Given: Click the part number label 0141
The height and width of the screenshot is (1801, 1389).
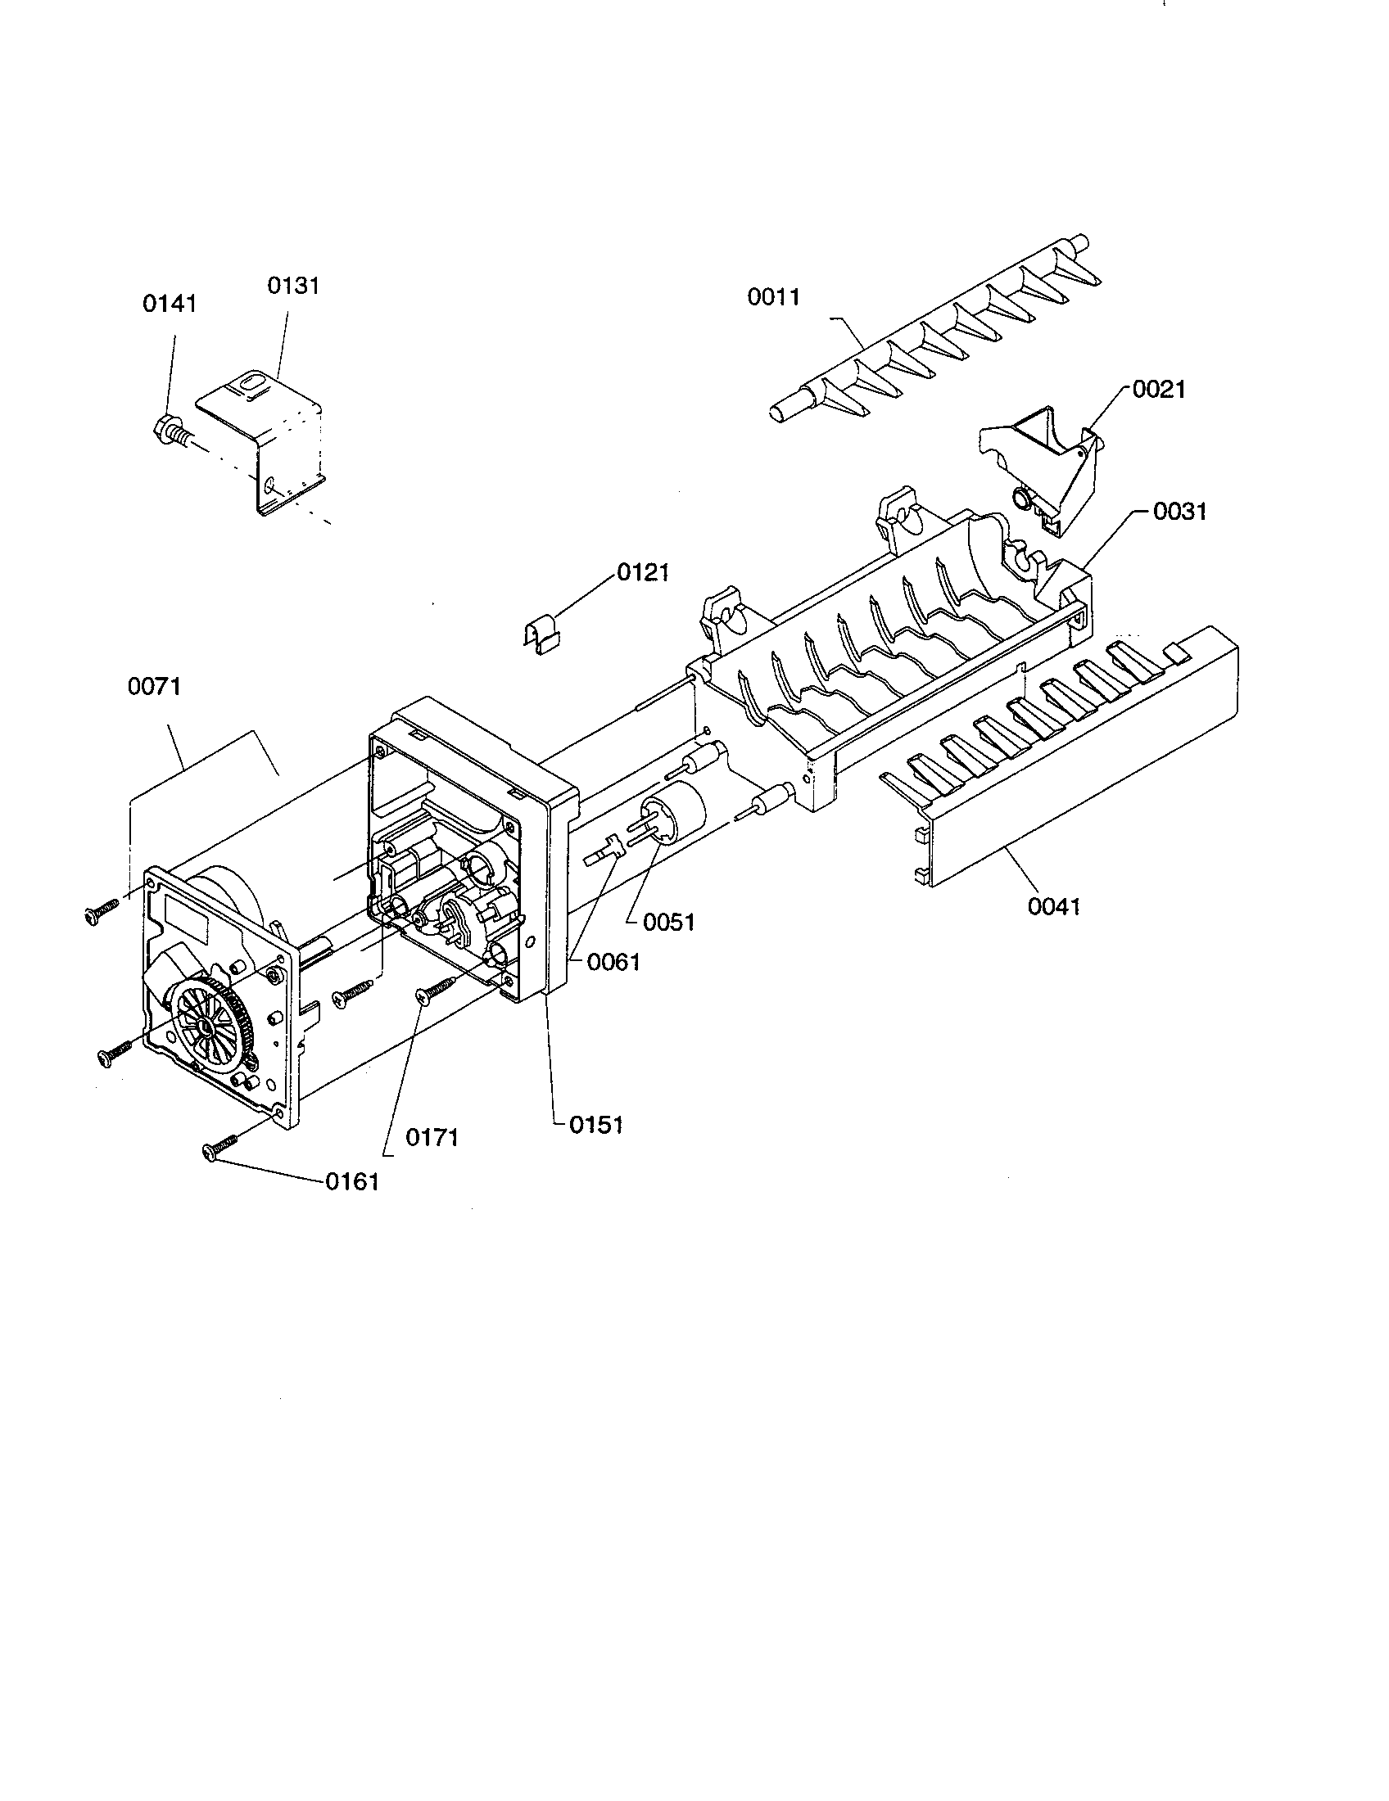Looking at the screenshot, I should (170, 304).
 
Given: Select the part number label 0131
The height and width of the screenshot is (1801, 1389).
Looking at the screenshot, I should (293, 286).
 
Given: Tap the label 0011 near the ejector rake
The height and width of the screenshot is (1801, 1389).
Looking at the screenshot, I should (774, 297).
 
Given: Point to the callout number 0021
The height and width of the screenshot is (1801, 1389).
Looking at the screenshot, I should (1159, 389).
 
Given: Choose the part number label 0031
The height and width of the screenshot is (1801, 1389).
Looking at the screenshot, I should (1179, 512).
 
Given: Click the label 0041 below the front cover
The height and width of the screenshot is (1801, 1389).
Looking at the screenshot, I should (1054, 907).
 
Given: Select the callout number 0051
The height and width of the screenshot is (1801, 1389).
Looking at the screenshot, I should (669, 922).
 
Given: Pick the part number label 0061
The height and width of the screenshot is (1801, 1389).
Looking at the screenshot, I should (613, 962).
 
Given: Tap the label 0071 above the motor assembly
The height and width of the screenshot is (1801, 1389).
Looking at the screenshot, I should (154, 686).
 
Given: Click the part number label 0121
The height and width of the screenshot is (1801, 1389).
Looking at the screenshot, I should (644, 572).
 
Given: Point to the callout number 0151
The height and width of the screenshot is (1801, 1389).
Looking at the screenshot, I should (595, 1125).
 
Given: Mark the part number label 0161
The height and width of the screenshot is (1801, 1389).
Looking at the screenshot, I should (352, 1181).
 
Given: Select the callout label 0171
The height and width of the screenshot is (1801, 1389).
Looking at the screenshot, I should (432, 1138).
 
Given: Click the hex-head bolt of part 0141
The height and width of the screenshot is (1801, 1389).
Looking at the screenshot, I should (164, 428).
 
